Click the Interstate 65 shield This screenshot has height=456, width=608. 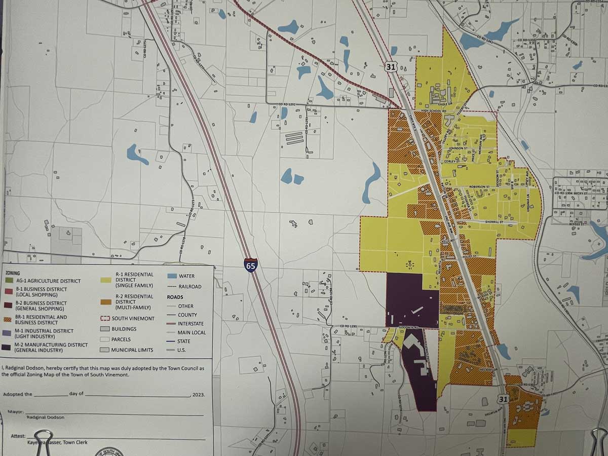point(250,264)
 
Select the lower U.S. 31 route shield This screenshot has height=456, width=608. point(502,399)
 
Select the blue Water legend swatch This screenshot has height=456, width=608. point(171,276)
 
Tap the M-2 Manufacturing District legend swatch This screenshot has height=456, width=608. point(8,348)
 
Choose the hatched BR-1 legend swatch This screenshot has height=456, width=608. point(8,319)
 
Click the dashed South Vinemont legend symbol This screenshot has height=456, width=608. point(105,318)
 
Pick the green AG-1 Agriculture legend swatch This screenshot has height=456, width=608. point(8,280)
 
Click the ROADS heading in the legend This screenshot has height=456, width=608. point(175,297)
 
